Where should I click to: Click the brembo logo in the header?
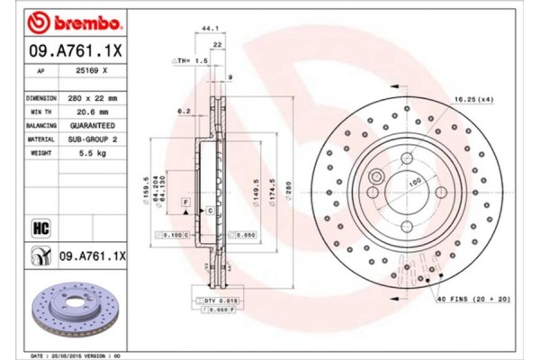[x=64, y=21]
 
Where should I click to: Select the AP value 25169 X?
[x=93, y=70]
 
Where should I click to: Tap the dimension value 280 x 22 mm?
[x=93, y=94]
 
